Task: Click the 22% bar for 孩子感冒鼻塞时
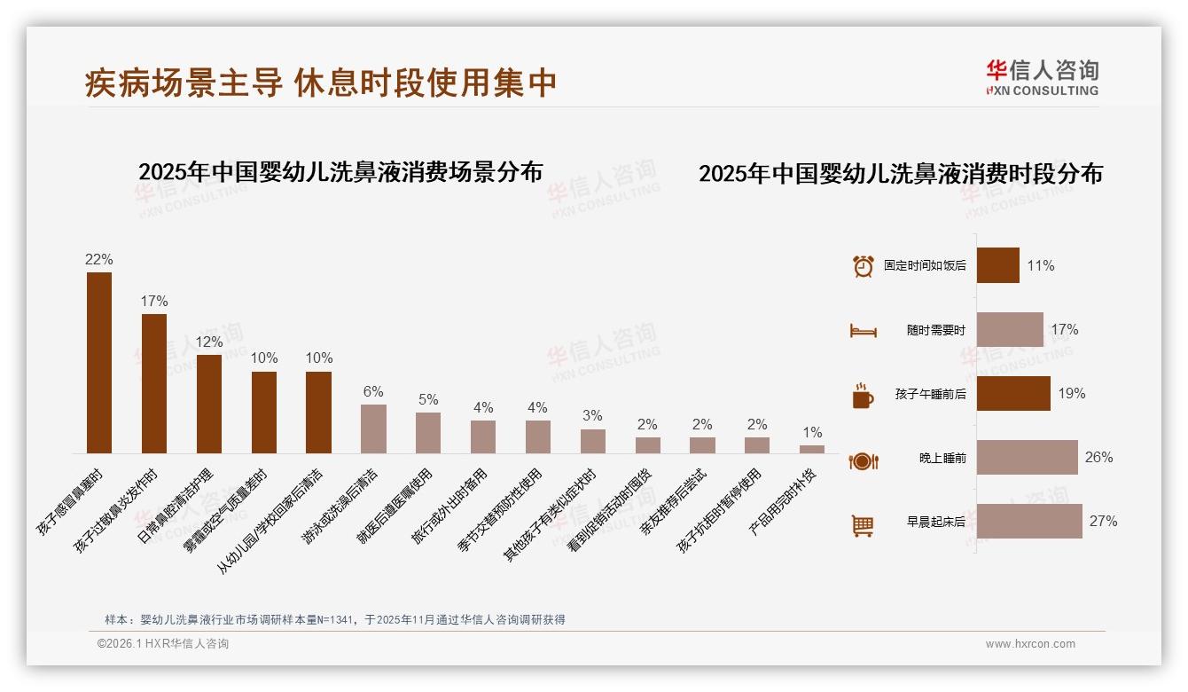(99, 363)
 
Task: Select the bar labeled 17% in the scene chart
(154, 383)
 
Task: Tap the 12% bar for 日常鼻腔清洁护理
(209, 404)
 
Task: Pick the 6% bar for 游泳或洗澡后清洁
(373, 429)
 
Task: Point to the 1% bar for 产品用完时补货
(812, 449)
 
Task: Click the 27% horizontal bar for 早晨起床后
(1029, 521)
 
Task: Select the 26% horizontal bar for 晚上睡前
(1027, 457)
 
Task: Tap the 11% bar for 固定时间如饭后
(997, 265)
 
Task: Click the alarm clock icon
(863, 266)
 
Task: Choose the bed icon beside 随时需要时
(863, 331)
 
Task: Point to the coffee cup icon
(863, 395)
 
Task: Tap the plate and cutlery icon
(863, 460)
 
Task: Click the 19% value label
(1072, 393)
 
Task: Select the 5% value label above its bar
(428, 399)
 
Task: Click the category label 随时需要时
(935, 330)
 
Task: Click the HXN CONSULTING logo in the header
(1042, 77)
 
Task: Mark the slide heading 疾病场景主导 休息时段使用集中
(320, 83)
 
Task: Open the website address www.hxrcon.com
(1030, 644)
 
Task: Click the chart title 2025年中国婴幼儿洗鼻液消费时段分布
(900, 174)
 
